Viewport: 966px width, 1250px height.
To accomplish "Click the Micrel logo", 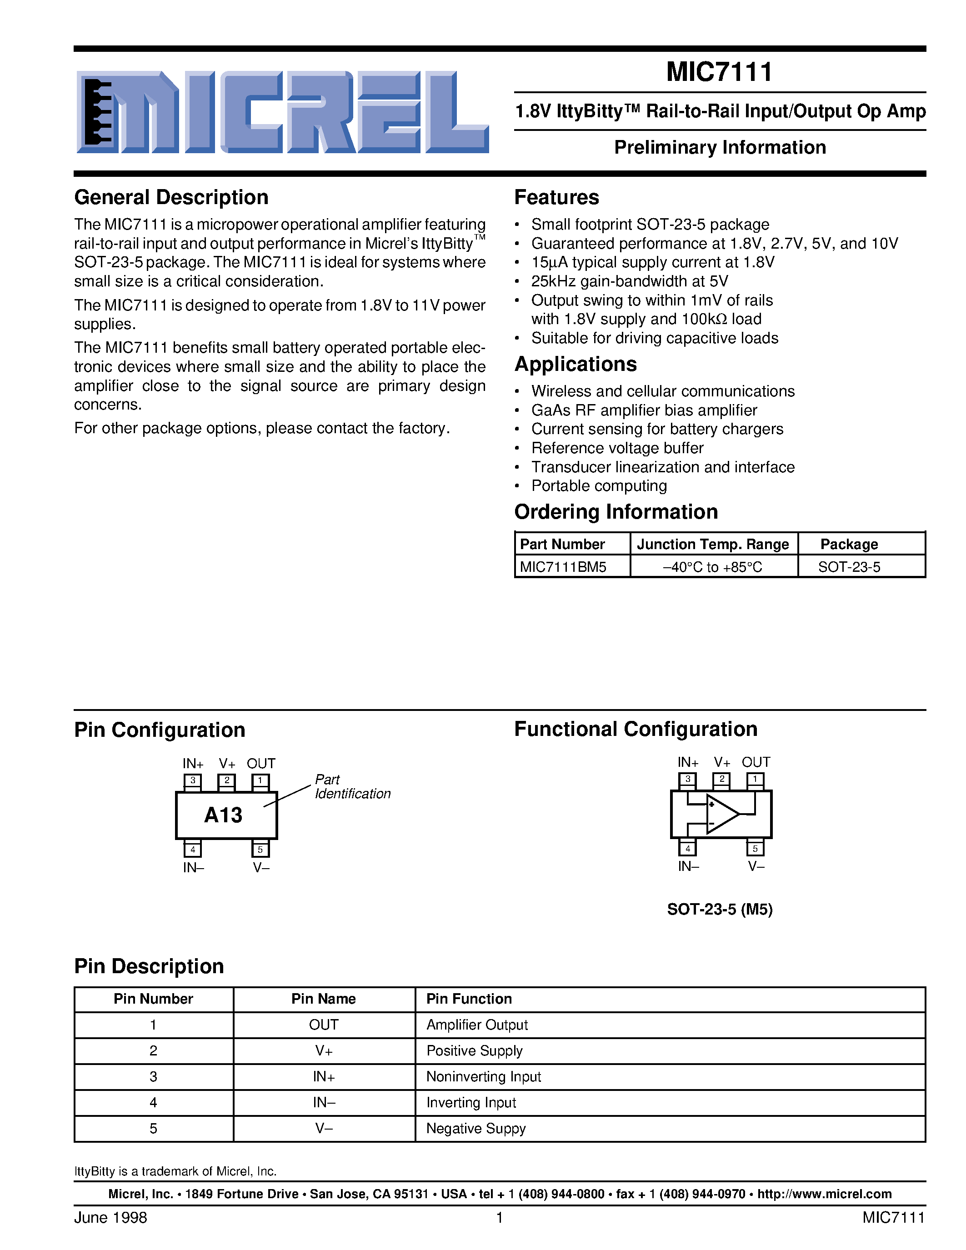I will [282, 112].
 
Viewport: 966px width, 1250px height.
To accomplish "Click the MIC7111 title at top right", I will [719, 72].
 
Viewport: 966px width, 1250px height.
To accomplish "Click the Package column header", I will [849, 544].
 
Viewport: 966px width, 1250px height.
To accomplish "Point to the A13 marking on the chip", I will [223, 815].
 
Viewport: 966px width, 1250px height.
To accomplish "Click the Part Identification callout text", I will [351, 787].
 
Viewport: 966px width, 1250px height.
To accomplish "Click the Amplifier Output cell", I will [477, 1025].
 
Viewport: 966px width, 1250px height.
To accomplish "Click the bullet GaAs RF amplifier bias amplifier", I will [644, 410].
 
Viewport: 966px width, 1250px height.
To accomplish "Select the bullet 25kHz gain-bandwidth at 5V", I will [629, 282].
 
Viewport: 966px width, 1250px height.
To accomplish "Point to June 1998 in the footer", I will [110, 1217].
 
